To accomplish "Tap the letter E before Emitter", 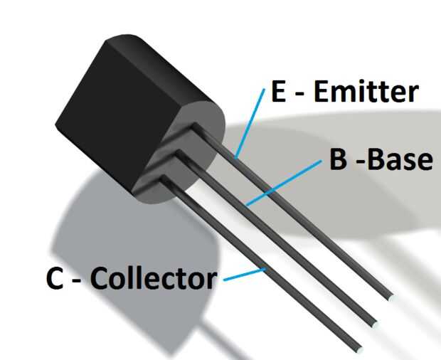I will point(277,92).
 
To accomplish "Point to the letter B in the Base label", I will point(338,159).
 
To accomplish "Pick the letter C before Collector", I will point(55,279).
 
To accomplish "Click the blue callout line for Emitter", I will point(251,121).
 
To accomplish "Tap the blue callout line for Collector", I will point(244,274).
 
